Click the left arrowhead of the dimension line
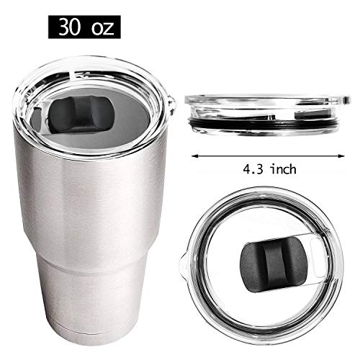(x=195, y=153)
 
